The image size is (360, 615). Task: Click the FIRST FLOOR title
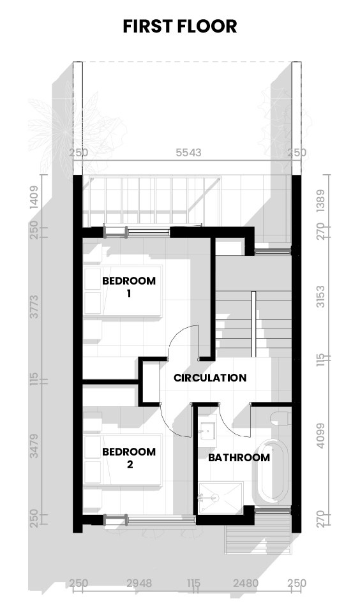pos(180,26)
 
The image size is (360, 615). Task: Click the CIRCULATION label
pos(210,378)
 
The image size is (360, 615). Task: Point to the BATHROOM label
pos(239,457)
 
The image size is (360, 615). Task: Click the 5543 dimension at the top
pos(188,152)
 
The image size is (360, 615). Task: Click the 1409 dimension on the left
pos(35,197)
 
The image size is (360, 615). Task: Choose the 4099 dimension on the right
pos(321,437)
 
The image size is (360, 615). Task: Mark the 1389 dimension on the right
pos(321,200)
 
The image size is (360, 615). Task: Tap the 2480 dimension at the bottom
pos(246,583)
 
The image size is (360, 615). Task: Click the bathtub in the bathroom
pos(272,471)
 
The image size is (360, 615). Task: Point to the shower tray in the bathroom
pos(220,497)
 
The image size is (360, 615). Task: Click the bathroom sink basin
pos(207,431)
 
